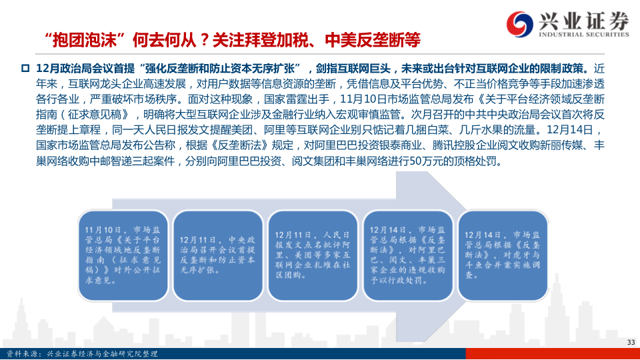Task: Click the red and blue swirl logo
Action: pos(519,24)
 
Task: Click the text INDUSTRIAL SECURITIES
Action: pos(584,35)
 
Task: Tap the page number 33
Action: pos(631,342)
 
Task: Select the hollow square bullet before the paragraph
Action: pos(25,68)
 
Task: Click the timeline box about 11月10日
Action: pos(123,255)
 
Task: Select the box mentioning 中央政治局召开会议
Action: pos(217,255)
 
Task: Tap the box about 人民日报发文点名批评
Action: pos(313,255)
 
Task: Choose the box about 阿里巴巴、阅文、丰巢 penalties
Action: pos(408,255)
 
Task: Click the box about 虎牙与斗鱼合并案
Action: pos(503,255)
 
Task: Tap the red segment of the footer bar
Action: pos(553,354)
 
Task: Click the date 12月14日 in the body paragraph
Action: pos(569,130)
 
